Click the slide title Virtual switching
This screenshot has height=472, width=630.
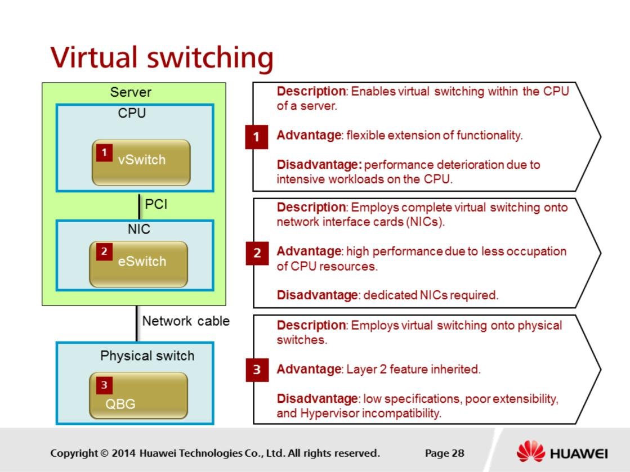(162, 57)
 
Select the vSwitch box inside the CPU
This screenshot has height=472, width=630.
(141, 163)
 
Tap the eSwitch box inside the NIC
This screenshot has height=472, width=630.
(138, 264)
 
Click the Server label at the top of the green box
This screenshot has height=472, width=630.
(131, 92)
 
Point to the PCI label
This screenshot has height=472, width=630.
(156, 204)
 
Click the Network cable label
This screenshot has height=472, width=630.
(186, 321)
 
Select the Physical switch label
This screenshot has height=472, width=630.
(147, 356)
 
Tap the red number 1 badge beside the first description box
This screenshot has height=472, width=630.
(256, 137)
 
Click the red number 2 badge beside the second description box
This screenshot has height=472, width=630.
(257, 253)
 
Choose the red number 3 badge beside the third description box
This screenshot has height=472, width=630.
(257, 370)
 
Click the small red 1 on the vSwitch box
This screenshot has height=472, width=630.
(104, 152)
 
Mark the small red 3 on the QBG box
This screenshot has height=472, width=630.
(104, 385)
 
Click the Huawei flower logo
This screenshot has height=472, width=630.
(530, 452)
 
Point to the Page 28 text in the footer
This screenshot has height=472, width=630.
(445, 453)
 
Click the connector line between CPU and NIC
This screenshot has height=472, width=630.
(139, 205)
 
